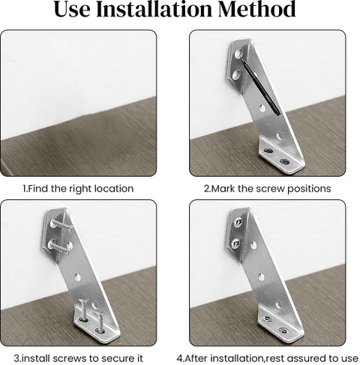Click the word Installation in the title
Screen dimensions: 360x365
155,9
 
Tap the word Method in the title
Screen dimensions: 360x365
257,9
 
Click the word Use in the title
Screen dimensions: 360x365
72,9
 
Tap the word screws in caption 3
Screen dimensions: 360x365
69,358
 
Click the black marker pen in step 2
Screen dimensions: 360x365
260,88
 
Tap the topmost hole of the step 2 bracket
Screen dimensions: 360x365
238,53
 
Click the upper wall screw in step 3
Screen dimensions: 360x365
62,224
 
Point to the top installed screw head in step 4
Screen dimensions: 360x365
238,221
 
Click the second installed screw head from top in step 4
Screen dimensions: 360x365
236,242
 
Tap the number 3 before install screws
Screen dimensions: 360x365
16,358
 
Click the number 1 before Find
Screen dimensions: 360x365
24,189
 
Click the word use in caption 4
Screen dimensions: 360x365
350,359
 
